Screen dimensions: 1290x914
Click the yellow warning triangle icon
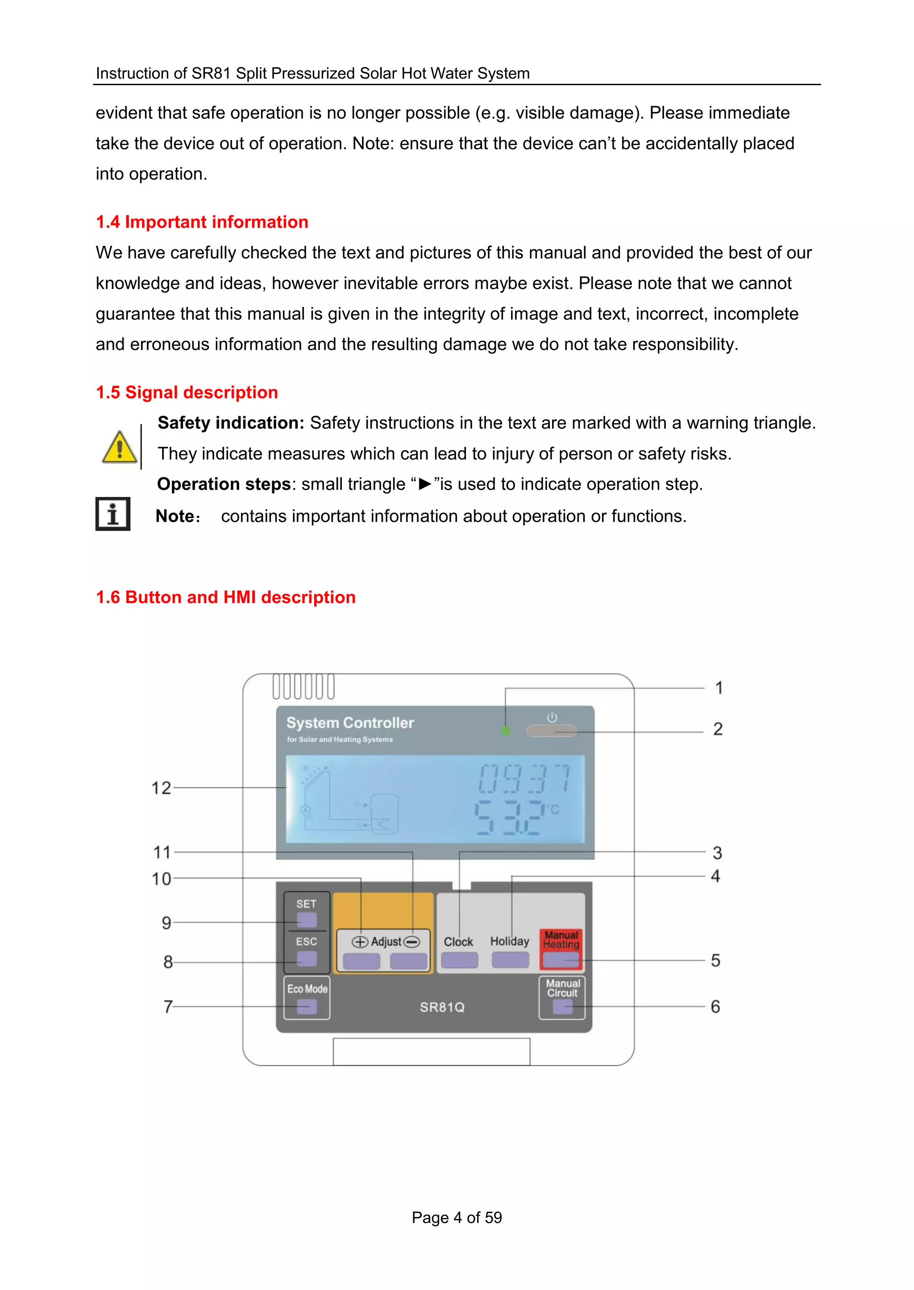tap(119, 448)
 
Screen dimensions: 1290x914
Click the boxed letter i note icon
tap(112, 514)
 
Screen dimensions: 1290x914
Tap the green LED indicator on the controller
tap(505, 731)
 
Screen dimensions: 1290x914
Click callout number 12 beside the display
tap(161, 788)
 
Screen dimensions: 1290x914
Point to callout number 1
tap(719, 687)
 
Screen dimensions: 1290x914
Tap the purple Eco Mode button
tap(306, 1006)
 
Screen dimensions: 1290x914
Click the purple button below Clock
tap(459, 960)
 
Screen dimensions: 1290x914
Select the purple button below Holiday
tap(510, 960)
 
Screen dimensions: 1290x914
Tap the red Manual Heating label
tap(561, 939)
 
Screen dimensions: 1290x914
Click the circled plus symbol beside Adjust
tap(360, 942)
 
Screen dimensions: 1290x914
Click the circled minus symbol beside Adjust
tap(412, 942)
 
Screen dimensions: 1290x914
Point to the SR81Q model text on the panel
tap(442, 1007)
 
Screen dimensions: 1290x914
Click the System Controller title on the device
tap(350, 723)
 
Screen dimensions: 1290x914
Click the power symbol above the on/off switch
tap(552, 717)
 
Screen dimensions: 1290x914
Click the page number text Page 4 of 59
tap(457, 1217)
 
